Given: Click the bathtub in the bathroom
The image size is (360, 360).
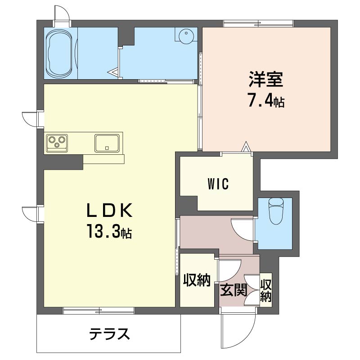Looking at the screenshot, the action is point(59,53).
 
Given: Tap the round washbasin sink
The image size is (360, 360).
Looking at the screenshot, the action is point(186,36).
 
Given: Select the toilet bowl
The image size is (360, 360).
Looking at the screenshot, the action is point(276,211).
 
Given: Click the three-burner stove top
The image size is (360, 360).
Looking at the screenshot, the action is point(57,143).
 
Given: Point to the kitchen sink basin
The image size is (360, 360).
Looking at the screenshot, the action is point(107,143).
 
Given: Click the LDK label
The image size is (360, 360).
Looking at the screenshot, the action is point(109,211).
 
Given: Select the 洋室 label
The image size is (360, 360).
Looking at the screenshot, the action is point(266,80).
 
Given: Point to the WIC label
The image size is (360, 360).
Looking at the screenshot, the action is point(218,184).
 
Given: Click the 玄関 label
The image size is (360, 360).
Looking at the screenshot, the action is point(234,290).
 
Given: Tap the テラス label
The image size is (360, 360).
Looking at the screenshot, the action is point(109,334).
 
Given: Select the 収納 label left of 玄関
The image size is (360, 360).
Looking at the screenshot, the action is point(197,280).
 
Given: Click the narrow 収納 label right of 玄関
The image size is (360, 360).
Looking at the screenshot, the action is point(265,290).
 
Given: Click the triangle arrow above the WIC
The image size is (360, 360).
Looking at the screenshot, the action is point(246,147).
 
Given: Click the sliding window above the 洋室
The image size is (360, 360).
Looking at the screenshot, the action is point(258,23).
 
